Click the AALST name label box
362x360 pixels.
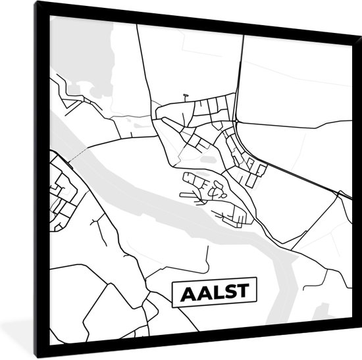pos(215,294)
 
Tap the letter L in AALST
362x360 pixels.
pos(215,294)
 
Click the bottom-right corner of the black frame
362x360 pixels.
pos(355,353)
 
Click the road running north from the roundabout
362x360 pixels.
pos(238,72)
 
